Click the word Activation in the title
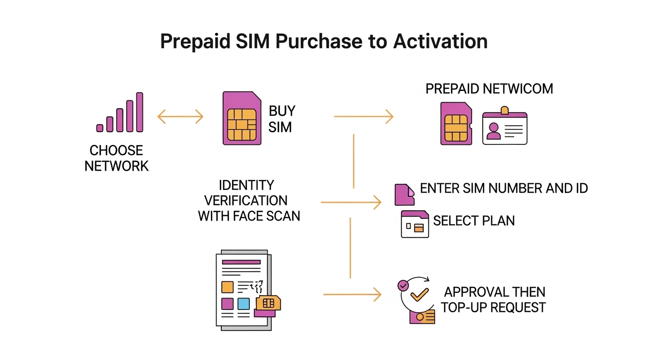click(440, 41)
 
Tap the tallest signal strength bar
click(139, 112)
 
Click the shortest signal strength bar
click(99, 128)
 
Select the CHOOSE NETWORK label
click(117, 158)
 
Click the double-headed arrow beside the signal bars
click(180, 117)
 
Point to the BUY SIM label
click(282, 119)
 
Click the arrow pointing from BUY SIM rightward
click(363, 116)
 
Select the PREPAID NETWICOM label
click(489, 89)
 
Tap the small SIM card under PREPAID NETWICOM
click(456, 123)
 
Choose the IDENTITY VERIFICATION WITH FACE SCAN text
click(248, 200)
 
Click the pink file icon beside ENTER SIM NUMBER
click(405, 195)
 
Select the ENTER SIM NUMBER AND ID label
click(504, 188)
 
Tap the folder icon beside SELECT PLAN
click(415, 224)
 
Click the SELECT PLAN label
click(474, 221)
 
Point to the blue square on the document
click(243, 303)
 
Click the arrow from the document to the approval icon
click(352, 294)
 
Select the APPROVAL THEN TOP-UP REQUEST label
click(494, 300)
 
